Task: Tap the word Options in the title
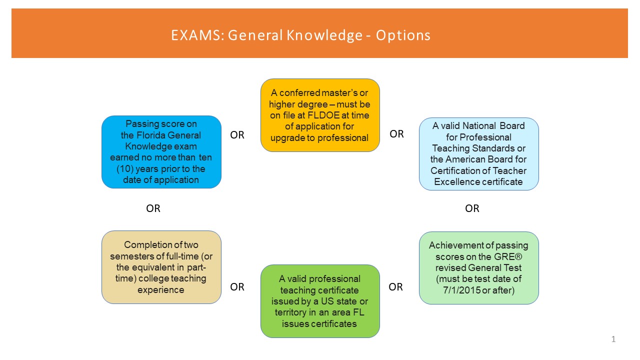[x=403, y=36]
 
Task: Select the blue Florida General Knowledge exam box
[x=161, y=152]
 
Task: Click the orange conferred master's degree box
[x=320, y=115]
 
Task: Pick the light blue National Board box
[x=479, y=154]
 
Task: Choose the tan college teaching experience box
[x=161, y=267]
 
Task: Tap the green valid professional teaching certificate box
[x=320, y=301]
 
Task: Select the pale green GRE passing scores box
[x=479, y=268]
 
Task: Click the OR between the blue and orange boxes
[x=237, y=135]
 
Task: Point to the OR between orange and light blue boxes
[x=396, y=134]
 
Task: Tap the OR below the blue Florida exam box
[x=153, y=208]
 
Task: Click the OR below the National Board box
[x=472, y=208]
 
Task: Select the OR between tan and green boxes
[x=237, y=287]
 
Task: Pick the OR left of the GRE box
[x=395, y=287]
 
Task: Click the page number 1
[x=613, y=339]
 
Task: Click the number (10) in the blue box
[x=125, y=169]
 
